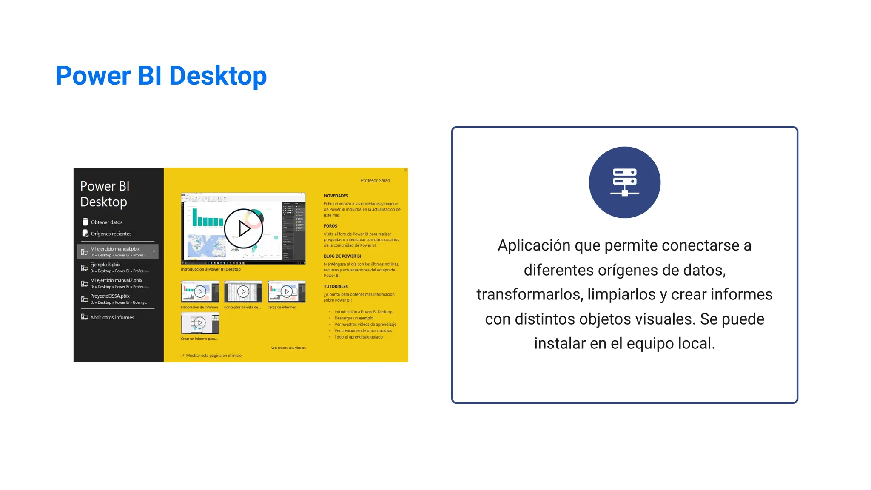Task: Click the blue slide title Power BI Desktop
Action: (161, 76)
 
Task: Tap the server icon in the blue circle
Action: (624, 182)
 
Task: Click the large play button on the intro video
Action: (244, 228)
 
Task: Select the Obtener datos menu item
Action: (106, 222)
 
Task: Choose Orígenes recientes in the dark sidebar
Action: (111, 234)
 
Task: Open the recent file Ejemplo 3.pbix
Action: (105, 265)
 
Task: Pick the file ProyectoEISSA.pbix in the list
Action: (110, 296)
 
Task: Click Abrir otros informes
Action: (112, 317)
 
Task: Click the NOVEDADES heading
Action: (336, 196)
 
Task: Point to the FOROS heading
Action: (330, 226)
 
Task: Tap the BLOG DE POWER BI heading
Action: (342, 256)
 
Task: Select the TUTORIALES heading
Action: (336, 286)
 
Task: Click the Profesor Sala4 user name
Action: (375, 180)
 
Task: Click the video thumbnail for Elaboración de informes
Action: (200, 292)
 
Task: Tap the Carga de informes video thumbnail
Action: (286, 292)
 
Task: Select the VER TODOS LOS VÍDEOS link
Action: (288, 348)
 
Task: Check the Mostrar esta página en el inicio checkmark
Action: (183, 356)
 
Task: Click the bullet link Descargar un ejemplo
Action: (353, 318)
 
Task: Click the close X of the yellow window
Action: (405, 170)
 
